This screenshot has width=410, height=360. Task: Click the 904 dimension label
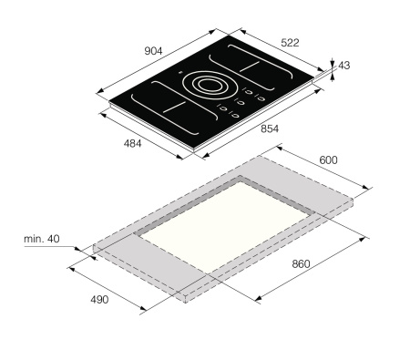tap(153, 51)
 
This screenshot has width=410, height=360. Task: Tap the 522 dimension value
tap(290, 43)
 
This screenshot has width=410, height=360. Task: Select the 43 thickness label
tap(344, 66)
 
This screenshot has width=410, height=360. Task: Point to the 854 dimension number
tap(270, 129)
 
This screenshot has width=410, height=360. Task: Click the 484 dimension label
tap(132, 143)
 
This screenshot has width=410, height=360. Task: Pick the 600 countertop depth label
tap(328, 159)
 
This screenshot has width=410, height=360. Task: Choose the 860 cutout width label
tap(301, 263)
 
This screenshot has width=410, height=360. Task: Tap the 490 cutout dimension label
tap(99, 300)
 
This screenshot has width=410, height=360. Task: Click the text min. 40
tap(42, 239)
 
